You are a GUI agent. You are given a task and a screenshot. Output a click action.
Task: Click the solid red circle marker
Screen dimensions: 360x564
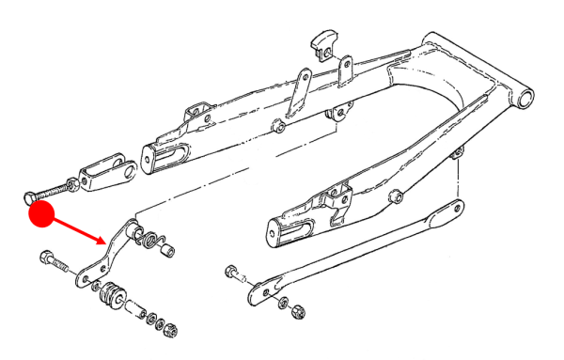coord(41,213)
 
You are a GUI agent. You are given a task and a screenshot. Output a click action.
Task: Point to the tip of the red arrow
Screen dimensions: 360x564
coord(105,242)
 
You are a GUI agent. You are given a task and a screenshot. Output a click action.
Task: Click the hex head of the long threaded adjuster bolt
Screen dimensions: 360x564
coord(31,196)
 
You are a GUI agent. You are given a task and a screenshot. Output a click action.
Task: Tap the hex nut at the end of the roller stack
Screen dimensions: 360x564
coord(172,329)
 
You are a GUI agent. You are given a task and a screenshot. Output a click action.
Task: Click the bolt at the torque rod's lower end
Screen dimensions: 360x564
coord(234,274)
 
